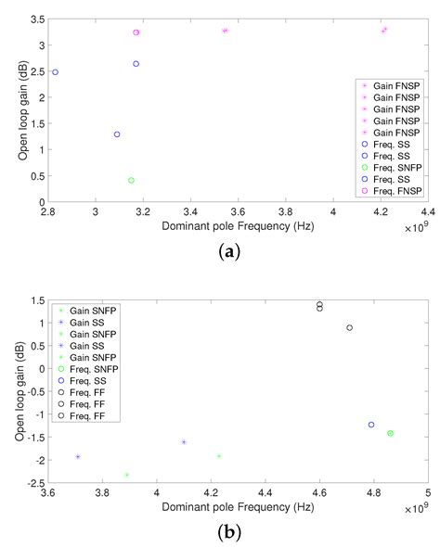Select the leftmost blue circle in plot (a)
(55, 72)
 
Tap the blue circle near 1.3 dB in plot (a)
(117, 134)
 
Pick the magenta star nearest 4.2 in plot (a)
(384, 30)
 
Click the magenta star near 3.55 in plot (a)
(225, 31)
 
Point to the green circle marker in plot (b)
(391, 433)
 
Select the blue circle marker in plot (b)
(371, 425)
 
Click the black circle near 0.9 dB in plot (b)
(350, 327)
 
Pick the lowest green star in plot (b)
(126, 475)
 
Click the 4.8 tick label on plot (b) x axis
(373, 491)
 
